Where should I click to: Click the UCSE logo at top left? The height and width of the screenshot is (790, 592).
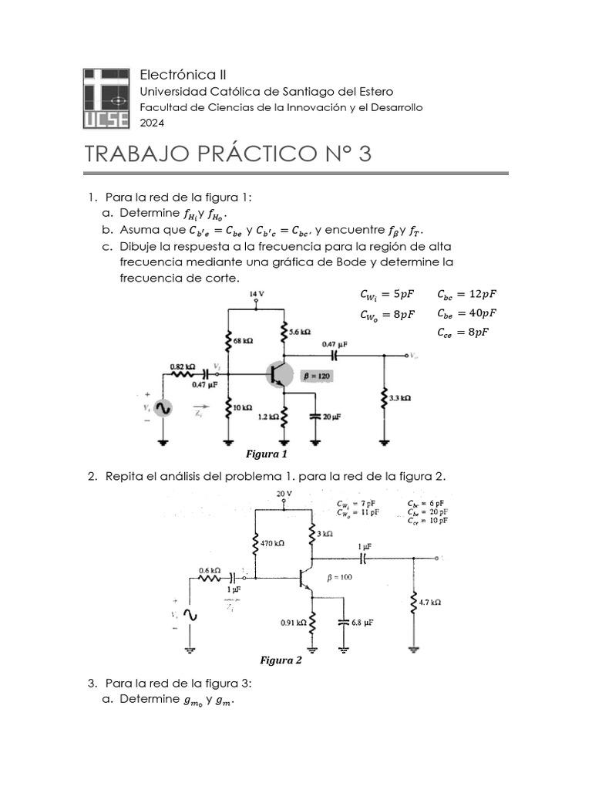click(107, 98)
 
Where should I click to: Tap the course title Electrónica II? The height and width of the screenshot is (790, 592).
click(183, 74)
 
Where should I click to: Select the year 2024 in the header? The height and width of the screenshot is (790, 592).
click(151, 122)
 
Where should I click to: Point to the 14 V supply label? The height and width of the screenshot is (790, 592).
click(257, 295)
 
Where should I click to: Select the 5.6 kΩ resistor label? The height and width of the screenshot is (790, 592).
click(300, 331)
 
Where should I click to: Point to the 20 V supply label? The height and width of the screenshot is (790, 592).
click(284, 493)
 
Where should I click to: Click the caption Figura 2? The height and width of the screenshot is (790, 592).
click(281, 660)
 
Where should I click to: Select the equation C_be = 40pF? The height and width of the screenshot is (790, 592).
click(466, 312)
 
